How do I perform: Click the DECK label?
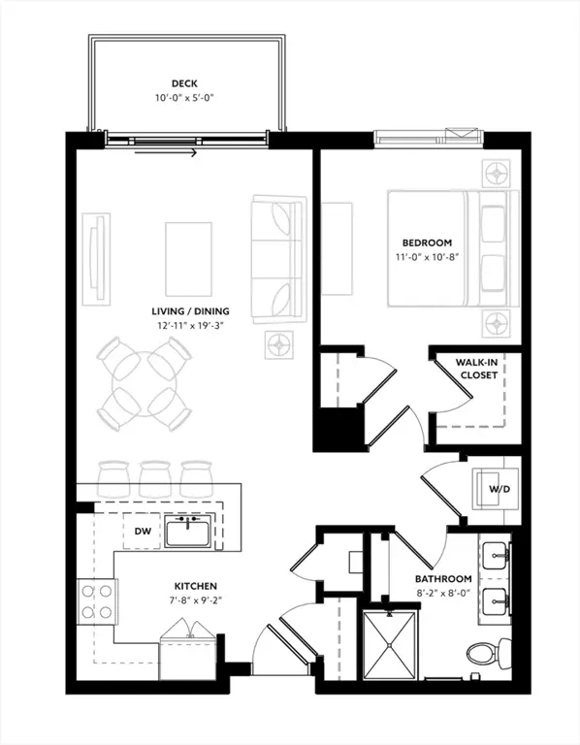pyautogui.click(x=184, y=83)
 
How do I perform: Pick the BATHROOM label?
pyautogui.click(x=444, y=579)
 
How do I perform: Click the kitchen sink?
pyautogui.click(x=188, y=532)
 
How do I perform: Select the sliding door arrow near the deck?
pyautogui.click(x=167, y=151)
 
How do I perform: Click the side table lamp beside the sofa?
pyautogui.click(x=280, y=342)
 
